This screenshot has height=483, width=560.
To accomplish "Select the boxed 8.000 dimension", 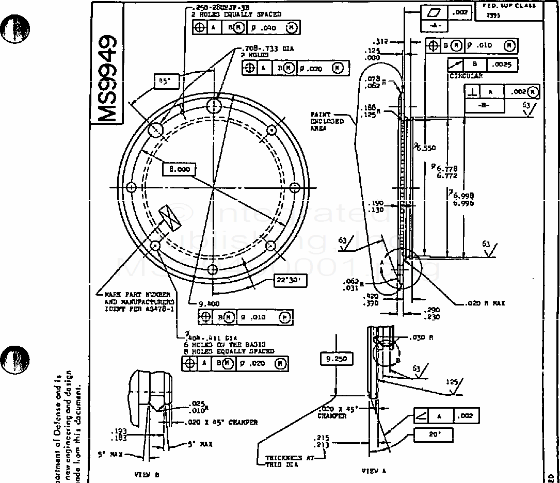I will [180, 169].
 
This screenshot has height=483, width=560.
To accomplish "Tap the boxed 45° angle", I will [166, 81].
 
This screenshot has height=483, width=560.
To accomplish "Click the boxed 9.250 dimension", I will [337, 358].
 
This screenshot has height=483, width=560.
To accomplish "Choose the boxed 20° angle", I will [433, 434].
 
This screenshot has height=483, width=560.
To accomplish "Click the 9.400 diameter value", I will [210, 304].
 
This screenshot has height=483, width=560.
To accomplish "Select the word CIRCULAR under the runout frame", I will [466, 76].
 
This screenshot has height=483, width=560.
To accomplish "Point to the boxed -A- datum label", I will [434, 25].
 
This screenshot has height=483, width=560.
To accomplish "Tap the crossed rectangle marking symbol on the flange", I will [169, 217].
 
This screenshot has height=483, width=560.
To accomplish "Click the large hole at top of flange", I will [214, 106].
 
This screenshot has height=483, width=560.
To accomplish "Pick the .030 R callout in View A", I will [419, 338].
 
